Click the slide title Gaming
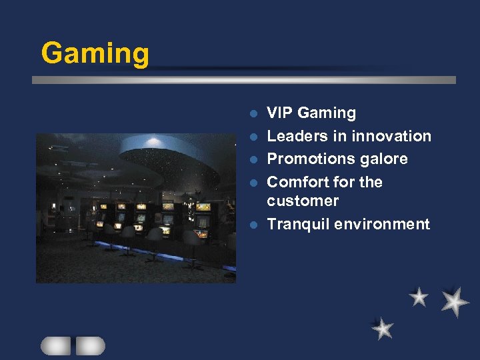(95, 53)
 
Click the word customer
(303, 201)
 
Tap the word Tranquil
(298, 224)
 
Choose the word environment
(383, 224)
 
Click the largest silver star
(455, 302)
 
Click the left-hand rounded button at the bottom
(56, 345)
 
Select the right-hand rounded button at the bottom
(91, 345)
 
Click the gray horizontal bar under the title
(244, 80)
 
